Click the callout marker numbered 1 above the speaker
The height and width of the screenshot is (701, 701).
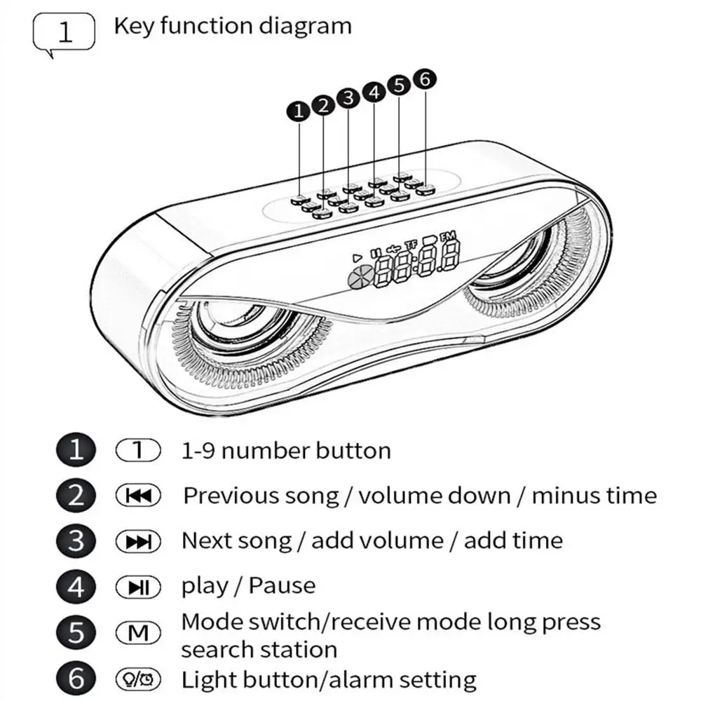click(x=299, y=111)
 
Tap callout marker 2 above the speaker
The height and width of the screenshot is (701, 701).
click(x=323, y=105)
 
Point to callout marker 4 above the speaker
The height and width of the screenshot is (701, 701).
click(x=374, y=93)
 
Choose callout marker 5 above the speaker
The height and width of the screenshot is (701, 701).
click(x=399, y=86)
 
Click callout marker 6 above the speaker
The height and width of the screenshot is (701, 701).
click(x=424, y=80)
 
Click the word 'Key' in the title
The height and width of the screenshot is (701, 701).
click(x=133, y=27)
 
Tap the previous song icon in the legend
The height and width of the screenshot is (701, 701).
click(x=138, y=496)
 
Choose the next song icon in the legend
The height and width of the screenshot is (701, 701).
click(x=138, y=541)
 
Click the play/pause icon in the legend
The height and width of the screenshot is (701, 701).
click(x=138, y=587)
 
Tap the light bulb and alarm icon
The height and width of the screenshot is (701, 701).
click(x=138, y=679)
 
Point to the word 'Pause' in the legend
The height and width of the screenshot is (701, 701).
click(x=282, y=585)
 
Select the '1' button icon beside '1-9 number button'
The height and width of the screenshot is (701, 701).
click(x=138, y=451)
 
